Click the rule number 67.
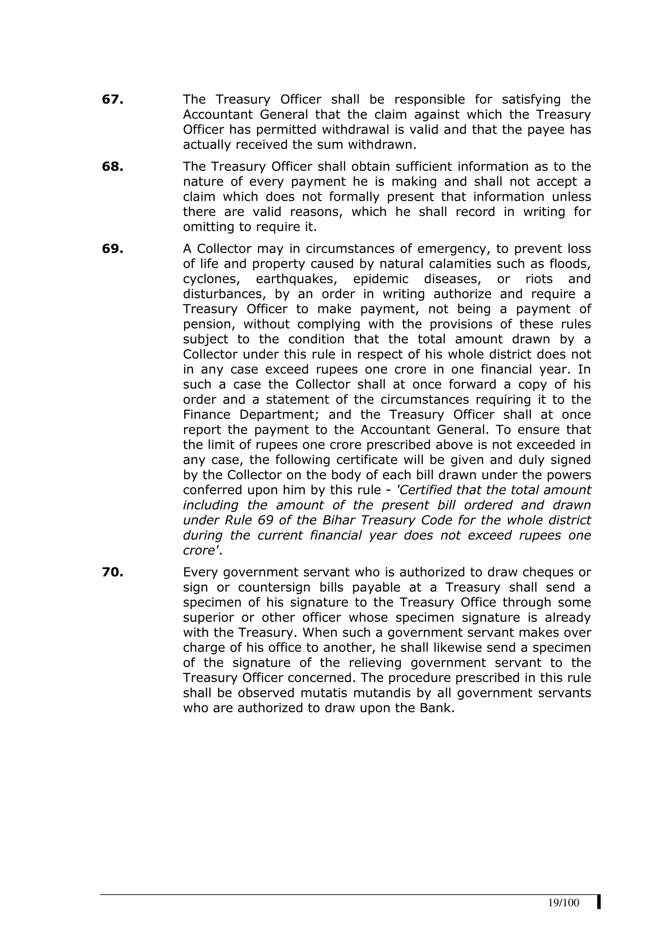pos(113,100)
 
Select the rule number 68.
pos(113,167)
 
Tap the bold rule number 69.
pos(113,249)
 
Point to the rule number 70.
pos(113,573)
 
